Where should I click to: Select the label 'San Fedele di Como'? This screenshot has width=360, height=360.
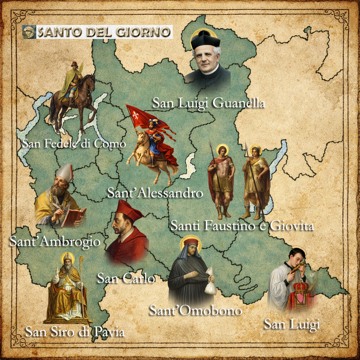(73, 143)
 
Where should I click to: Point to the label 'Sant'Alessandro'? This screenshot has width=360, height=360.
(155, 193)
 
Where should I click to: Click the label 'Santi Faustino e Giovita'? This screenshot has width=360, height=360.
(242, 226)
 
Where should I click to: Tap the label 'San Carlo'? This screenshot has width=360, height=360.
(126, 279)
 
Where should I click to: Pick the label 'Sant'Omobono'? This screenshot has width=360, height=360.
(196, 310)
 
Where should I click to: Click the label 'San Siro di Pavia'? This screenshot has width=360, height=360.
(75, 332)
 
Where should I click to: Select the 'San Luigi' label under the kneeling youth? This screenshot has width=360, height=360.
(292, 324)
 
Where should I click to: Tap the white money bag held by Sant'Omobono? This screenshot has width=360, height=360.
(210, 285)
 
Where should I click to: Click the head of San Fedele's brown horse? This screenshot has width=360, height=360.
(90, 81)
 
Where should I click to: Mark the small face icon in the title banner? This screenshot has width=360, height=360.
(29, 32)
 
